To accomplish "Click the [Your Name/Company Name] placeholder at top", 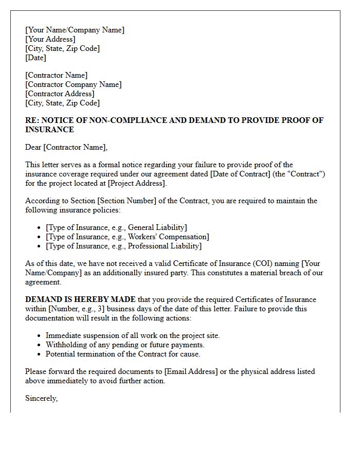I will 75,30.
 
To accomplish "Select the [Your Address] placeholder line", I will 50,39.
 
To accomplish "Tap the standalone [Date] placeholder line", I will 35,58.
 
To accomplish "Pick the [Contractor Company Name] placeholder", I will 74,84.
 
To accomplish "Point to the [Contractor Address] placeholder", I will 60,94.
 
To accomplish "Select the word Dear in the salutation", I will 33,147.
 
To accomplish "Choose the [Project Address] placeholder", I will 137,183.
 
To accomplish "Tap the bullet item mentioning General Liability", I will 116,227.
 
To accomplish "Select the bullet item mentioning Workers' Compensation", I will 127,237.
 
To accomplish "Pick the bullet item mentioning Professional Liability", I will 123,246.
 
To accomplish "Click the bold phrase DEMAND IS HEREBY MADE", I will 81,299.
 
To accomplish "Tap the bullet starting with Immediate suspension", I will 133,335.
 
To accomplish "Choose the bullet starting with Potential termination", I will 123,354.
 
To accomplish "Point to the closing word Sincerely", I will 41,398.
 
